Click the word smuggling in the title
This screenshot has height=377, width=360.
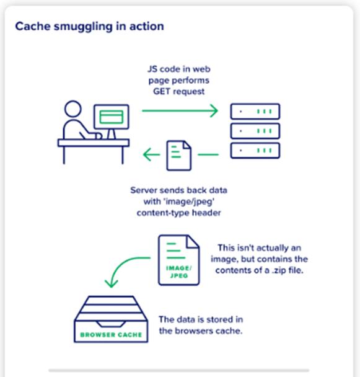(83, 27)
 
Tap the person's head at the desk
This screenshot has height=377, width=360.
(73, 109)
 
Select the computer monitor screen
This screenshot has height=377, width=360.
(112, 117)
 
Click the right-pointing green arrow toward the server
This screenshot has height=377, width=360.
(180, 110)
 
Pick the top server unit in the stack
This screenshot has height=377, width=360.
(255, 112)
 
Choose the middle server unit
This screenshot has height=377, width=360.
(255, 131)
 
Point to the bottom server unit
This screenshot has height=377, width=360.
(255, 151)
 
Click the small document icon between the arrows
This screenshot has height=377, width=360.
(179, 156)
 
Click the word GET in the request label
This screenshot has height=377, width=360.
(162, 92)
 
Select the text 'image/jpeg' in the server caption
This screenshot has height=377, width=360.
(189, 202)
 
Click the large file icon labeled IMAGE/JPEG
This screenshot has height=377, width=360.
(179, 260)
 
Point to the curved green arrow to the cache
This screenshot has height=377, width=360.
(120, 264)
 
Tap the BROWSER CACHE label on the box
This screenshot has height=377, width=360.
(111, 335)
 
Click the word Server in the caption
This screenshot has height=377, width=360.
(144, 190)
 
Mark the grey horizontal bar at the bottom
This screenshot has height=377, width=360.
(179, 371)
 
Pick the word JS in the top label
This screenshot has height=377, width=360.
(152, 69)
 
